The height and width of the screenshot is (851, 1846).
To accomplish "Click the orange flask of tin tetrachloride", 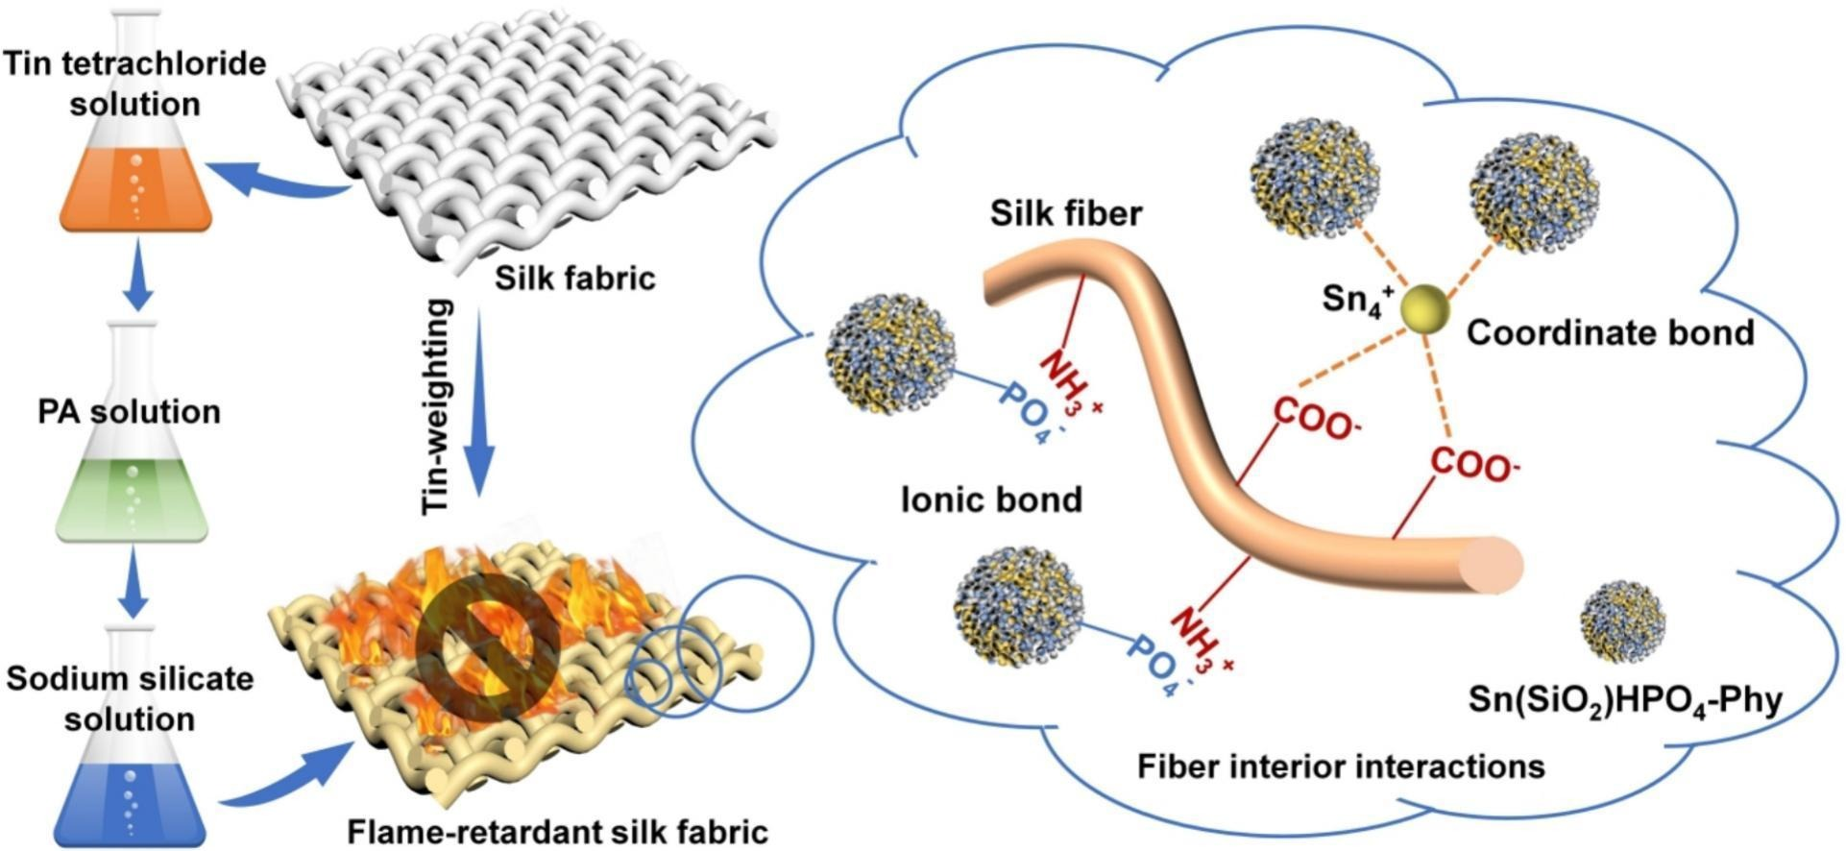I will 135,182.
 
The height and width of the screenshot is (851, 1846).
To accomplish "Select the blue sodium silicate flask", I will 132,797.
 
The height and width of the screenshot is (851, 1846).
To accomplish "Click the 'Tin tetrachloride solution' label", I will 134,84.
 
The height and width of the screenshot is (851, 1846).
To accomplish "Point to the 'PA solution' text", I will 130,412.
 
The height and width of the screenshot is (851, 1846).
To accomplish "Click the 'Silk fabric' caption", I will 574,279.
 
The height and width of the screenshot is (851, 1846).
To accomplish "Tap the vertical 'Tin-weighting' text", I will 438,405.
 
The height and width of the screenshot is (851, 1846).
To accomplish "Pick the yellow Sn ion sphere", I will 1423,310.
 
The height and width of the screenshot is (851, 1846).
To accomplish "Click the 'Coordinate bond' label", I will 1610,332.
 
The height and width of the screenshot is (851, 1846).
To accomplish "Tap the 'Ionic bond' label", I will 991,499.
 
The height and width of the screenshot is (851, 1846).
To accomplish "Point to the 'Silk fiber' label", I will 1066,213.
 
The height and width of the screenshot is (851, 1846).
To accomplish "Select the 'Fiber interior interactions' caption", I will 1341,766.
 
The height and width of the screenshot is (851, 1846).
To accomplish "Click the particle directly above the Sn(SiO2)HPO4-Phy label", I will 1622,621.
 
